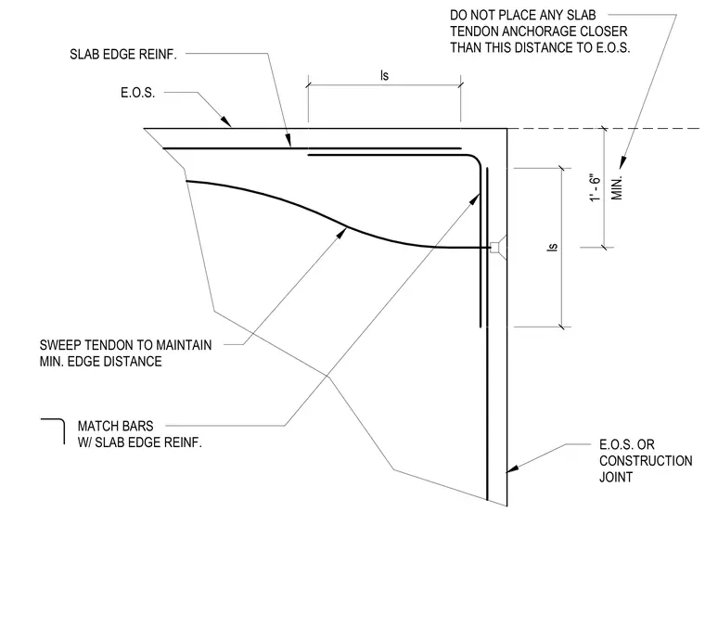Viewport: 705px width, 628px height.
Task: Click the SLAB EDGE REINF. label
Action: [x=123, y=55]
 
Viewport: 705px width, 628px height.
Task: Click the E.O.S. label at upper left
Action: [x=137, y=93]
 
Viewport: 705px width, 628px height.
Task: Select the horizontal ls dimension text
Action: [x=384, y=75]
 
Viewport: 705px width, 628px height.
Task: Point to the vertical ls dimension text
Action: [x=553, y=248]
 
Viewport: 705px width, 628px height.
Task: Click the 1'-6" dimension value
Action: [x=596, y=188]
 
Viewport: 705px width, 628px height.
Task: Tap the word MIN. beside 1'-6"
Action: [x=617, y=188]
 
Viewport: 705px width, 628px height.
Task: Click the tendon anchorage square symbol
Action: [x=494, y=248]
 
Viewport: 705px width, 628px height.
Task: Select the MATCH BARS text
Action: [x=116, y=426]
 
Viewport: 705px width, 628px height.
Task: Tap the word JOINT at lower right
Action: [x=616, y=477]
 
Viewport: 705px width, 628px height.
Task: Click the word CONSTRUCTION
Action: [x=646, y=461]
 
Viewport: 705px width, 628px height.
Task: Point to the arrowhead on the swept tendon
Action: [x=341, y=234]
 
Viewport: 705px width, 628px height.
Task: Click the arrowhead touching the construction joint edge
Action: [x=512, y=468]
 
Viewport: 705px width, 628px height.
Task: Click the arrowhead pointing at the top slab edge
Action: [x=226, y=122]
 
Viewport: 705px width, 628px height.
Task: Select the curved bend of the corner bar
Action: [x=474, y=160]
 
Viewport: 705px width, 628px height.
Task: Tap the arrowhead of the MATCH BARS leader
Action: [x=475, y=199]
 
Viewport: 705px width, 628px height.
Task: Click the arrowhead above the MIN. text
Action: [x=622, y=162]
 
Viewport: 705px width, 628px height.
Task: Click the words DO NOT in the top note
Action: [x=470, y=15]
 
